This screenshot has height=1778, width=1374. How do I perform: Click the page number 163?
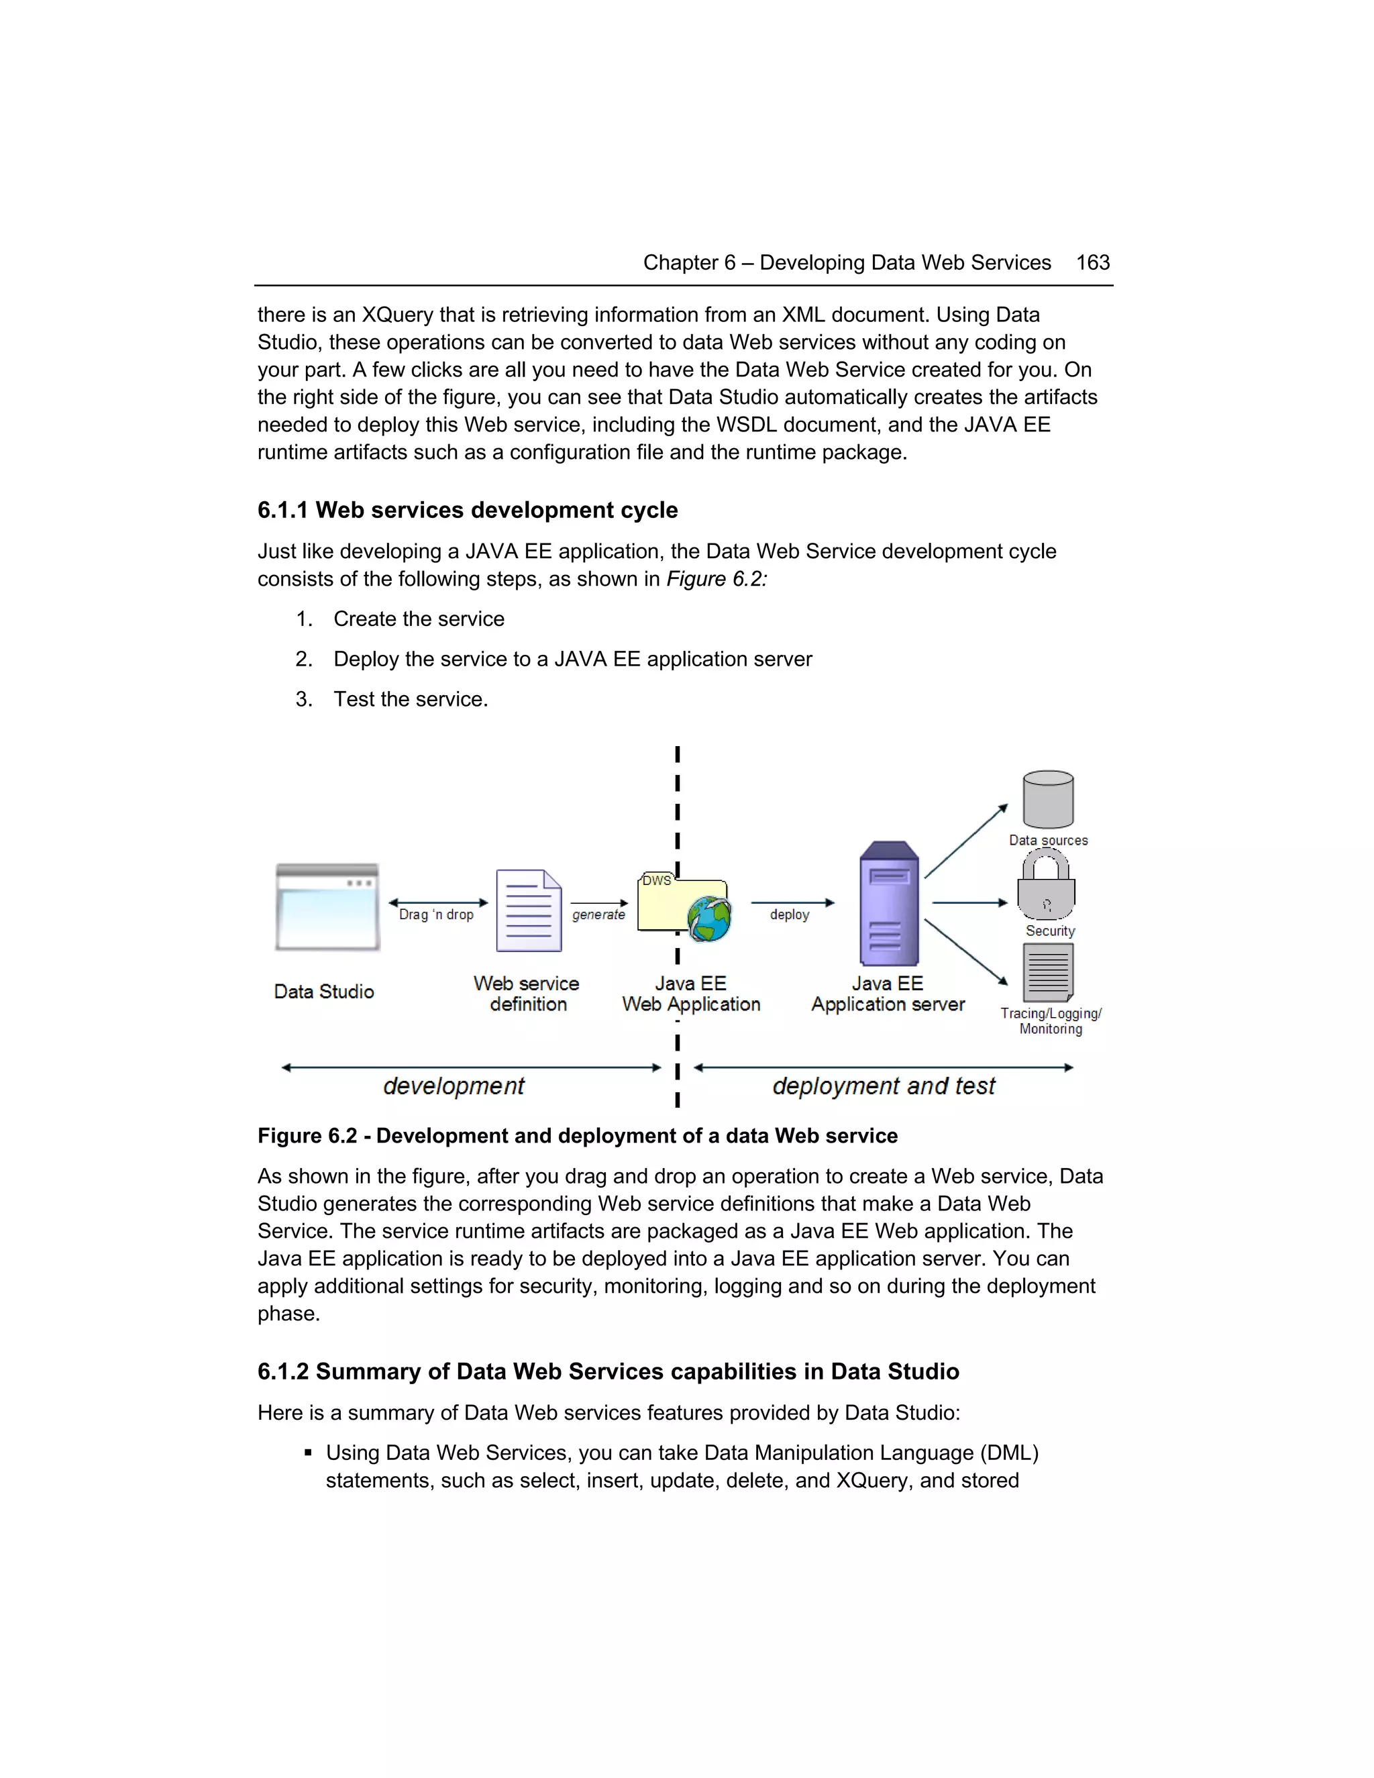point(1092,262)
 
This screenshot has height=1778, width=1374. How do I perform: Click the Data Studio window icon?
point(327,907)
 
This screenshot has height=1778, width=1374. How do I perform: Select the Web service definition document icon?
point(528,910)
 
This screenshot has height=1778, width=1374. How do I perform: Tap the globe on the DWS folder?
point(708,919)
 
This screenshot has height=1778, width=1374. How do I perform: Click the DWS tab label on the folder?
point(656,880)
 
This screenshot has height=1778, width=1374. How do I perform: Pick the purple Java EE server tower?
point(889,904)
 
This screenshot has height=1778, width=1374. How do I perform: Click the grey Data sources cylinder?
point(1047,800)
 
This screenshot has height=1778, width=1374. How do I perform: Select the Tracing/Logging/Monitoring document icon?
point(1047,972)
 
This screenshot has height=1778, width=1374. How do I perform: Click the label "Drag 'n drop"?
point(436,914)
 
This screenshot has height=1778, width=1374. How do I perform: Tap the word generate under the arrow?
point(598,914)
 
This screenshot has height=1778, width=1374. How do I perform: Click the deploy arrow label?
point(790,914)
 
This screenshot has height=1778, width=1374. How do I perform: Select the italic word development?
point(454,1086)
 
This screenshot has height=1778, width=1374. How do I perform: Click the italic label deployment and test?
point(883,1086)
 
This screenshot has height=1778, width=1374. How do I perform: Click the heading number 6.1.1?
point(282,511)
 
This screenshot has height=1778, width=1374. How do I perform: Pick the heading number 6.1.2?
point(282,1372)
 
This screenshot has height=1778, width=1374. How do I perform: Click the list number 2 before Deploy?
point(304,660)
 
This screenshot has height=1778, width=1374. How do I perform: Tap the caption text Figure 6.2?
point(307,1136)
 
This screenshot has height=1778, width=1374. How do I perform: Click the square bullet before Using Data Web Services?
point(308,1453)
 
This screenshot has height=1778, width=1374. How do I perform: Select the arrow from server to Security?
point(969,903)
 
